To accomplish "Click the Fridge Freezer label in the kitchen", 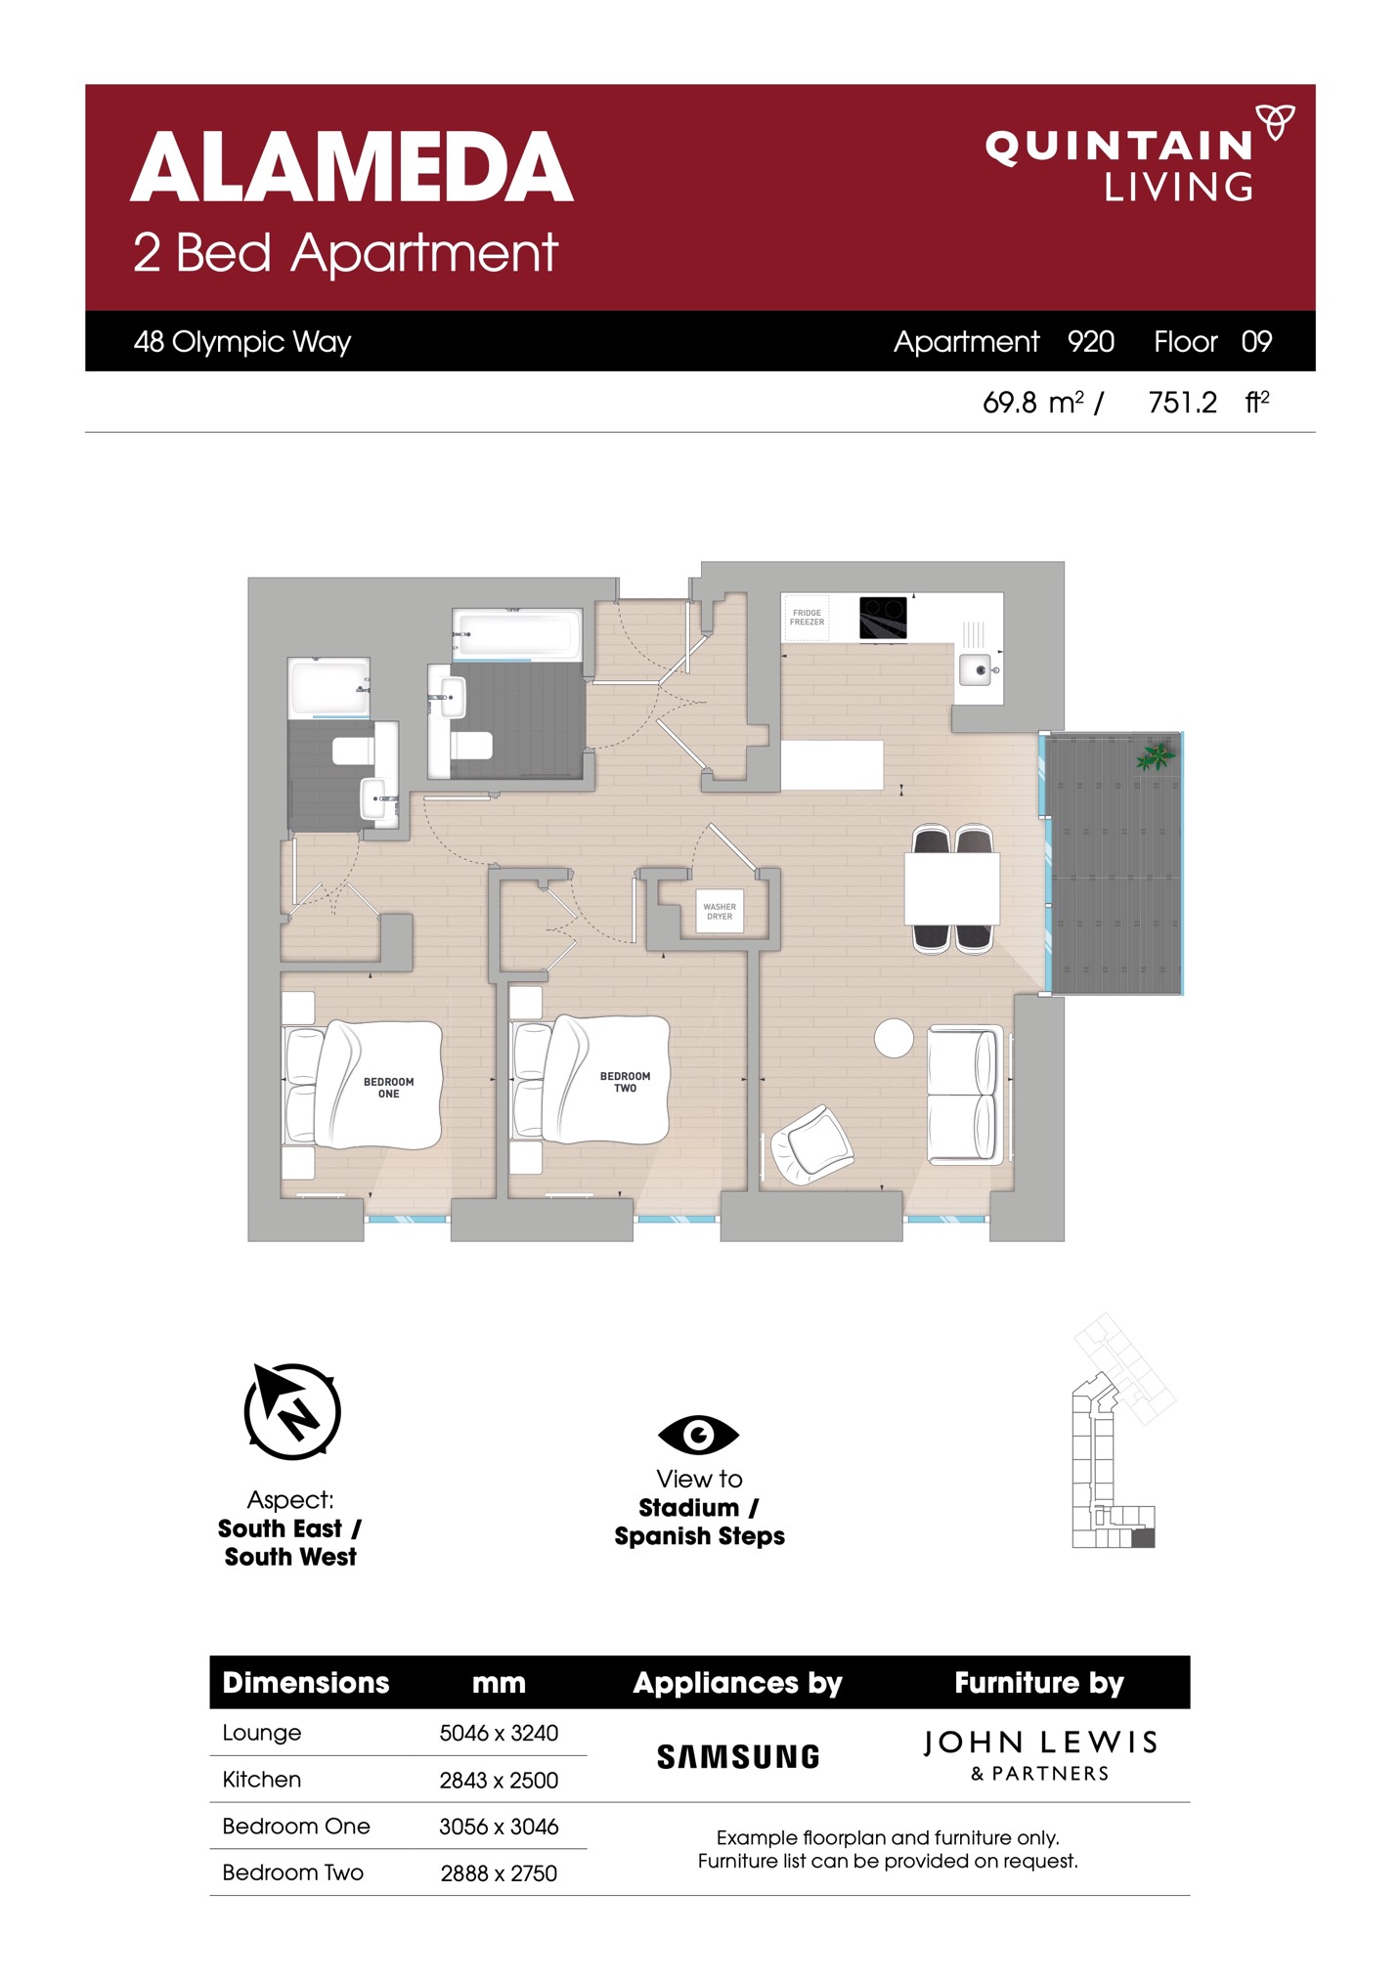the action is click(807, 618).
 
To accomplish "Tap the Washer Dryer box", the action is click(720, 911).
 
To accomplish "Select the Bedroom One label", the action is click(388, 1088).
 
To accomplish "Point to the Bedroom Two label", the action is click(625, 1082).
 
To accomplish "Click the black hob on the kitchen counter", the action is click(883, 618).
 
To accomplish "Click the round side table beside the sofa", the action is click(894, 1038).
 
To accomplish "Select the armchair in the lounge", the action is click(811, 1144).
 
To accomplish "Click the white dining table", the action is click(951, 888).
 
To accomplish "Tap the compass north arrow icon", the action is click(292, 1410).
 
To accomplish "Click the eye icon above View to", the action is click(698, 1435).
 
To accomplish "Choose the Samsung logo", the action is click(738, 1757).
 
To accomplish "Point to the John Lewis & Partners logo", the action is click(1040, 1755).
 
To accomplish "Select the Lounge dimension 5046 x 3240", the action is click(499, 1733).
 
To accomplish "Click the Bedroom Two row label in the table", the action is click(292, 1872).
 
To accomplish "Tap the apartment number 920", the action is click(1091, 341).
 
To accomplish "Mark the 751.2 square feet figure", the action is click(1182, 402).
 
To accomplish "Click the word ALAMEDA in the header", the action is click(352, 167).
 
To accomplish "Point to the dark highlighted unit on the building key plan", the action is click(1143, 1538).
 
